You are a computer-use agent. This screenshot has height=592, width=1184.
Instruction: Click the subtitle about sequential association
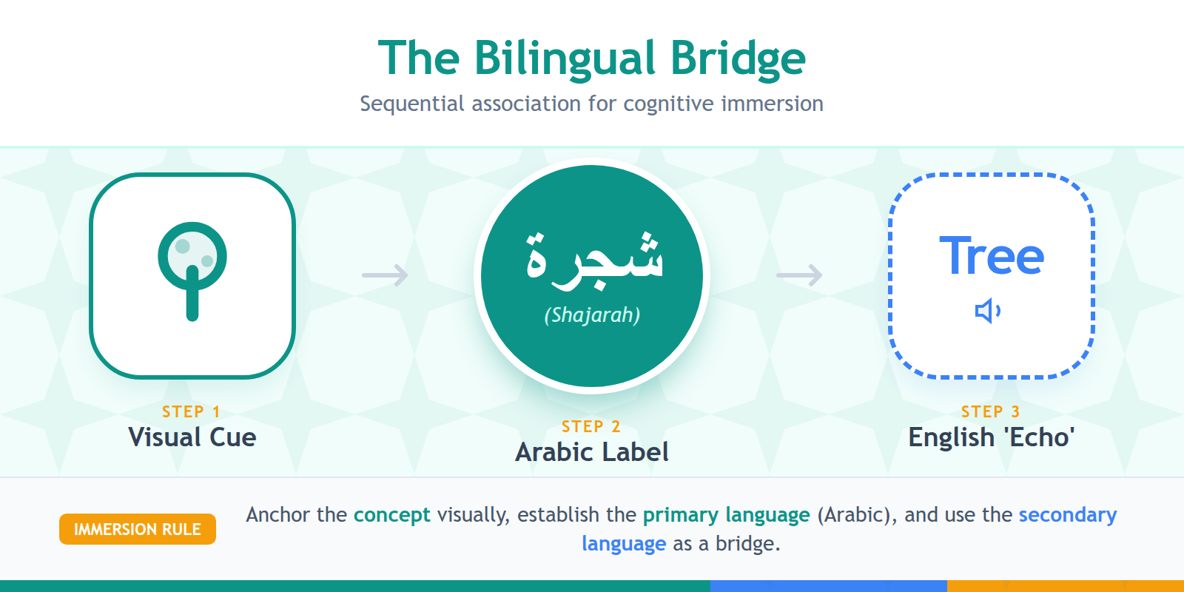[591, 104]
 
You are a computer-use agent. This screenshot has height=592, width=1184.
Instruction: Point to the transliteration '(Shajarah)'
[592, 315]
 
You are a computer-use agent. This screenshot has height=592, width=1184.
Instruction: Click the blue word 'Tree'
[992, 256]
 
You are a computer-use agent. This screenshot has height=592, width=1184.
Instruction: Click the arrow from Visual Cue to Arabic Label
[386, 275]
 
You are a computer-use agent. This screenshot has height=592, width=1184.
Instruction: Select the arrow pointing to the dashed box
[800, 275]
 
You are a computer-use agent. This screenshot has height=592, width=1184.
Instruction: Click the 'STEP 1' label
[191, 411]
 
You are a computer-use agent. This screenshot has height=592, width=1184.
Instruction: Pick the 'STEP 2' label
[591, 426]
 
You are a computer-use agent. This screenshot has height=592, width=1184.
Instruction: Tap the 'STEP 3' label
[990, 411]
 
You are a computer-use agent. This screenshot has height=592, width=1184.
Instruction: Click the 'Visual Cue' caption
[192, 437]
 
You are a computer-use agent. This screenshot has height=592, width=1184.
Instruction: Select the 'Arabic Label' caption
[592, 452]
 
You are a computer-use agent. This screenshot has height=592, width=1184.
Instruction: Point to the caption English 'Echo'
[992, 437]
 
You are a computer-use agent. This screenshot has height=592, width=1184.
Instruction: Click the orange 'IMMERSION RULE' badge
[138, 529]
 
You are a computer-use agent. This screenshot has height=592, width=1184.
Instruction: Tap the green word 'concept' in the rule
[391, 515]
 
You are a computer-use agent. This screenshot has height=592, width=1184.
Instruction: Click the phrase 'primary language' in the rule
[726, 515]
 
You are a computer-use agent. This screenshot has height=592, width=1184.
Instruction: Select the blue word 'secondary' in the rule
[1068, 515]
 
